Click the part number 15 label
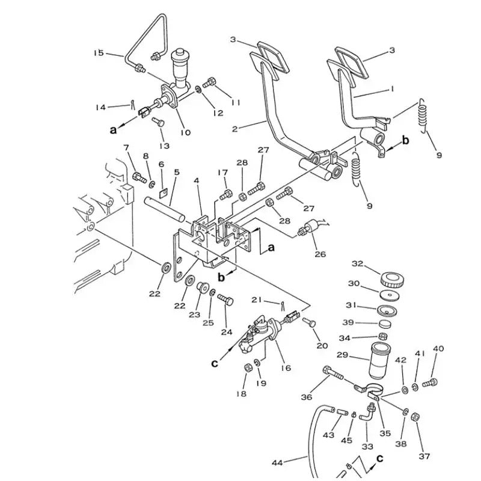[99, 53]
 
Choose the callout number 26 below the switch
[320, 254]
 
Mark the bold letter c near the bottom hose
[379, 458]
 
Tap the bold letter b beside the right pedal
[405, 141]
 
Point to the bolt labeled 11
[211, 82]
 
